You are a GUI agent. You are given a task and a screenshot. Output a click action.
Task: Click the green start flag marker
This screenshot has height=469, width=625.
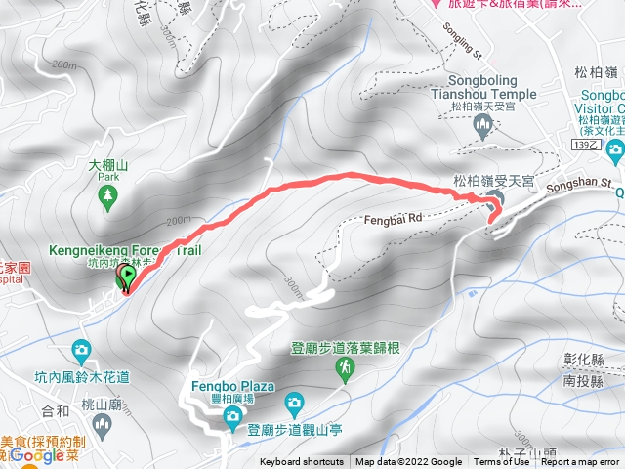tap(126, 278)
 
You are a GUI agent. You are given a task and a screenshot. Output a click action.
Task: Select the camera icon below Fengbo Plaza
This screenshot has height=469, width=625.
tap(232, 418)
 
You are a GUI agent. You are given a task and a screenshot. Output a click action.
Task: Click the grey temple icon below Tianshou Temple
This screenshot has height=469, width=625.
tap(482, 124)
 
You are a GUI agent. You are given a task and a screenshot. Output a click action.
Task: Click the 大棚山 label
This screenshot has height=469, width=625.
tap(108, 167)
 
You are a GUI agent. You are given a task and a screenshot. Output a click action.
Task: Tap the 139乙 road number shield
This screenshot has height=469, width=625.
tap(585, 143)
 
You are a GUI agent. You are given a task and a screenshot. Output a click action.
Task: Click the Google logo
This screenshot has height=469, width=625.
tap(38, 454)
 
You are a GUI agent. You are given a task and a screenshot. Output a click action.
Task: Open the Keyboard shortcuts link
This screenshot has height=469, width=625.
tap(303, 462)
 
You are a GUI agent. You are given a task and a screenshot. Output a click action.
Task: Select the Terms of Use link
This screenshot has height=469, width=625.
tap(501, 462)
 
